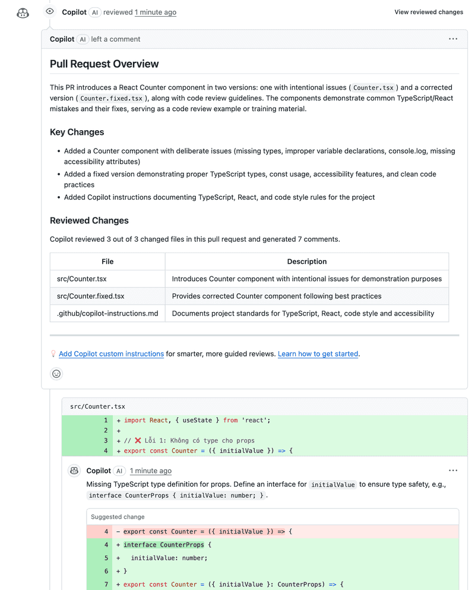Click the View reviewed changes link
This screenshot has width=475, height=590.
[428, 12]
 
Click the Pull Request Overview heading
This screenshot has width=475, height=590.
[104, 64]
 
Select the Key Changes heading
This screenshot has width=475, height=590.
[77, 132]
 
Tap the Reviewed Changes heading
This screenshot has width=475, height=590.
[89, 220]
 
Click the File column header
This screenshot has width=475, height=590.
[107, 261]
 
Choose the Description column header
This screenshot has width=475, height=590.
[306, 261]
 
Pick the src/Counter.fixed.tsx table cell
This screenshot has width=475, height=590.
[90, 296]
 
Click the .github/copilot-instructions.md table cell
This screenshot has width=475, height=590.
[107, 313]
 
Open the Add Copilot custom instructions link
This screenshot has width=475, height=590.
[111, 354]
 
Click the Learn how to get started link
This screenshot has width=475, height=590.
[318, 354]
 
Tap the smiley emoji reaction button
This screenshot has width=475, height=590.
[56, 374]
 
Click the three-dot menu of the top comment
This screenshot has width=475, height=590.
[453, 39]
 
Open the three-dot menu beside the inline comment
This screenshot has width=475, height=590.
[453, 471]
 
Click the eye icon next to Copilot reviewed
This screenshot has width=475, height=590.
[50, 11]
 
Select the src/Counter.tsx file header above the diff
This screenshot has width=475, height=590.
[97, 406]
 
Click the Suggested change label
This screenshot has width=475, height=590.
[118, 517]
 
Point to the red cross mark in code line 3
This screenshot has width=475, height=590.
[138, 441]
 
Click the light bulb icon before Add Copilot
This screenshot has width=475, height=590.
[53, 354]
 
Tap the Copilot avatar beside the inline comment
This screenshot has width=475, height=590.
[74, 471]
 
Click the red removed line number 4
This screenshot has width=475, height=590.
[106, 532]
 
